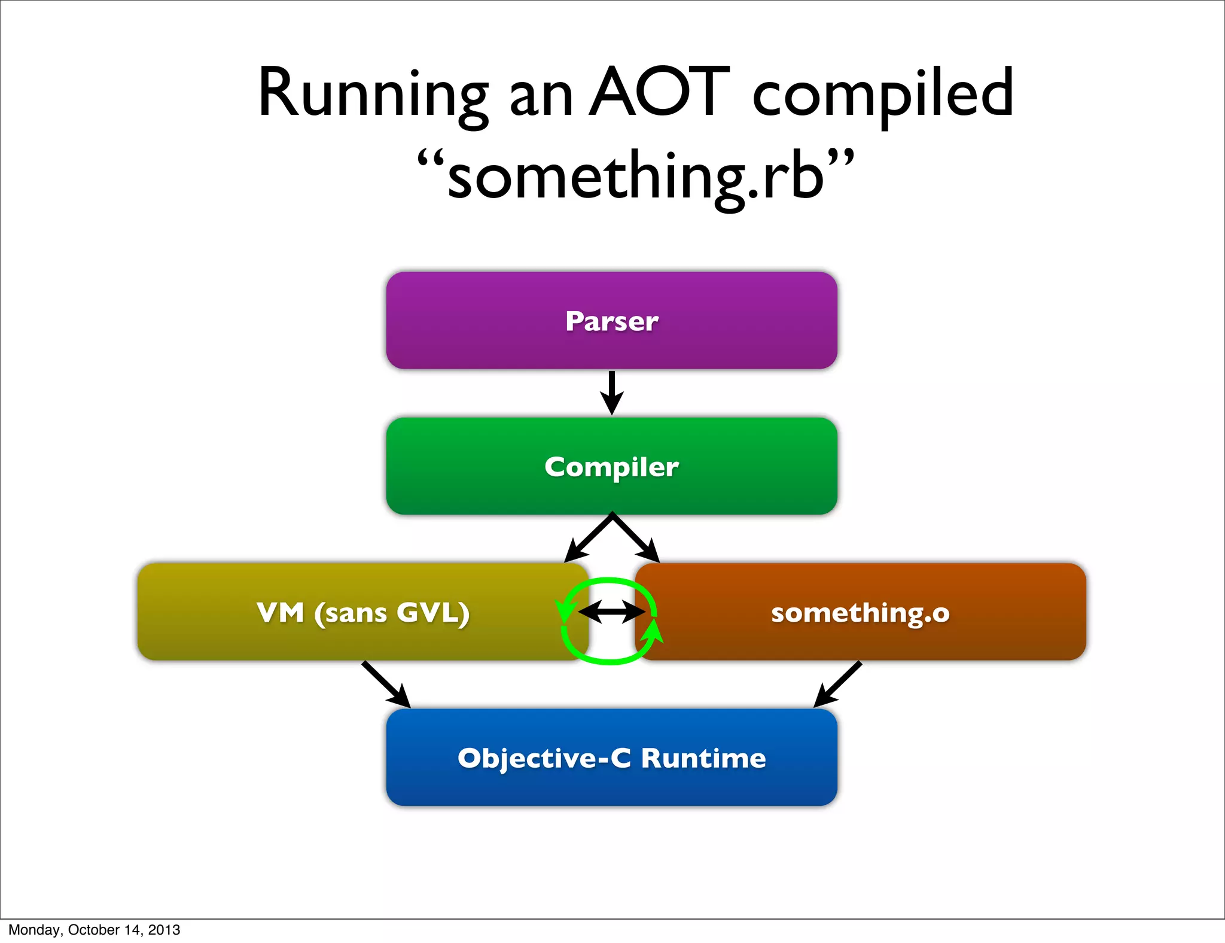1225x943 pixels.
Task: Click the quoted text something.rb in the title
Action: pos(635,176)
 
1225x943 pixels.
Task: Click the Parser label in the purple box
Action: pos(612,321)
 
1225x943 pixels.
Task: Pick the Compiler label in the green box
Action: pos(612,467)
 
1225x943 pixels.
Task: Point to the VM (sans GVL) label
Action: pos(363,613)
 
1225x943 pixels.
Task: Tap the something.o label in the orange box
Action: pos(860,613)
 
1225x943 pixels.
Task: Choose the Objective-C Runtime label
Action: pos(612,758)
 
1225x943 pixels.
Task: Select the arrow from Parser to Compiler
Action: pos(612,393)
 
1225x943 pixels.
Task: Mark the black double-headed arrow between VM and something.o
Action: pos(612,612)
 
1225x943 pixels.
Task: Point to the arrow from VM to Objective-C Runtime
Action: pos(386,685)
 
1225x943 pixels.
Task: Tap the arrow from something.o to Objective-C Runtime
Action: pos(837,685)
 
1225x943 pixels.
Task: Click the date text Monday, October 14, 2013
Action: pos(95,930)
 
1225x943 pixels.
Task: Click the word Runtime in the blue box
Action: pos(703,758)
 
